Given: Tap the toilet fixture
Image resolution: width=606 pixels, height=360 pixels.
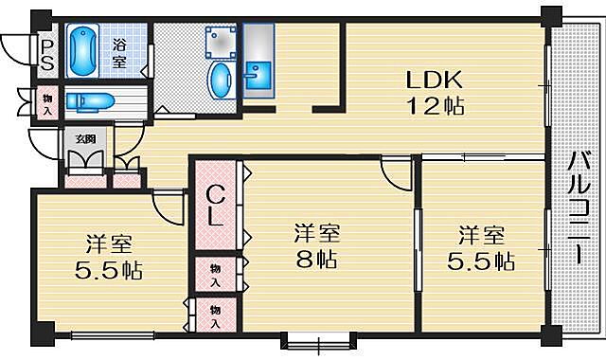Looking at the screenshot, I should point(90,100).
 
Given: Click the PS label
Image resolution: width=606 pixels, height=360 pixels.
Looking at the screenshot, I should point(45,54).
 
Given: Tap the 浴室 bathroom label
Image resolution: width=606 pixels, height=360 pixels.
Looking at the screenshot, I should point(119,53).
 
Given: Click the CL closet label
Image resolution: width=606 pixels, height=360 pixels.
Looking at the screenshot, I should point(215,205).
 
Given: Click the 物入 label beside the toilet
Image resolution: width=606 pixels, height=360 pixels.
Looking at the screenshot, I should point(45,100).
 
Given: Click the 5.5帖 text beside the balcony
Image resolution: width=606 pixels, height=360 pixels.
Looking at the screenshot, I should point(481,261).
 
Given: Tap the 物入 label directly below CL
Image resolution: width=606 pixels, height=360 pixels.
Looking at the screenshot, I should point(215,276).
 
